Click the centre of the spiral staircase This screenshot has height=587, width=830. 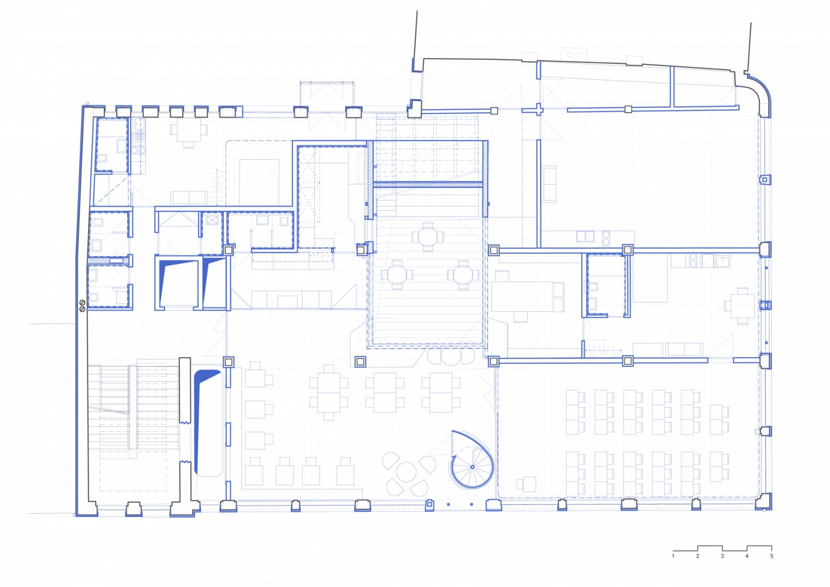coord(473,467)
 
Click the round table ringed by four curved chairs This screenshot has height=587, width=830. coord(407,472)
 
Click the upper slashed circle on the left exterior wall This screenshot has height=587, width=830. coord(82,303)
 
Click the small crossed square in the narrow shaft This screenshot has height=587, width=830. coord(212,220)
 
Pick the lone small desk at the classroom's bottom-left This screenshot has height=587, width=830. coord(527,484)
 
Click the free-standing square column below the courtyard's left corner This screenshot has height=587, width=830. coord(360,361)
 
